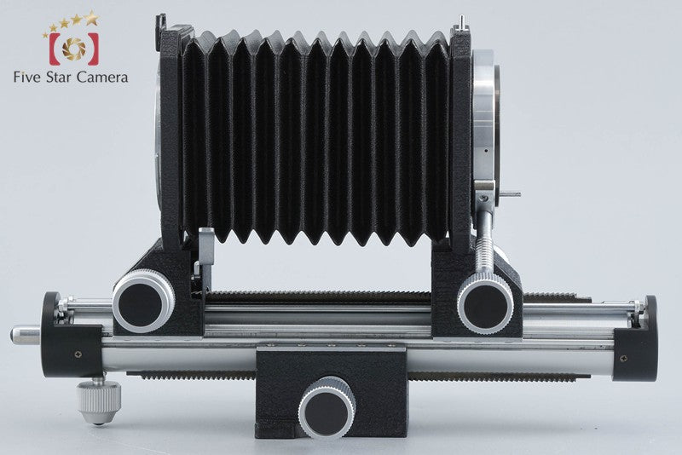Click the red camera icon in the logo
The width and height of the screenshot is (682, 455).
74,49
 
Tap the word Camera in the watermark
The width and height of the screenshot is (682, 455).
101,78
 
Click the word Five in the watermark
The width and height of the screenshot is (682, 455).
27,78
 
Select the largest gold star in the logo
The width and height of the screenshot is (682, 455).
91,18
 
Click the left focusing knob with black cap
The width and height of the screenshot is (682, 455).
143,301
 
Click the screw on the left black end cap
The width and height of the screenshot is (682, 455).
78,354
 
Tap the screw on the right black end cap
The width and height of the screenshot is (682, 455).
624,359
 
